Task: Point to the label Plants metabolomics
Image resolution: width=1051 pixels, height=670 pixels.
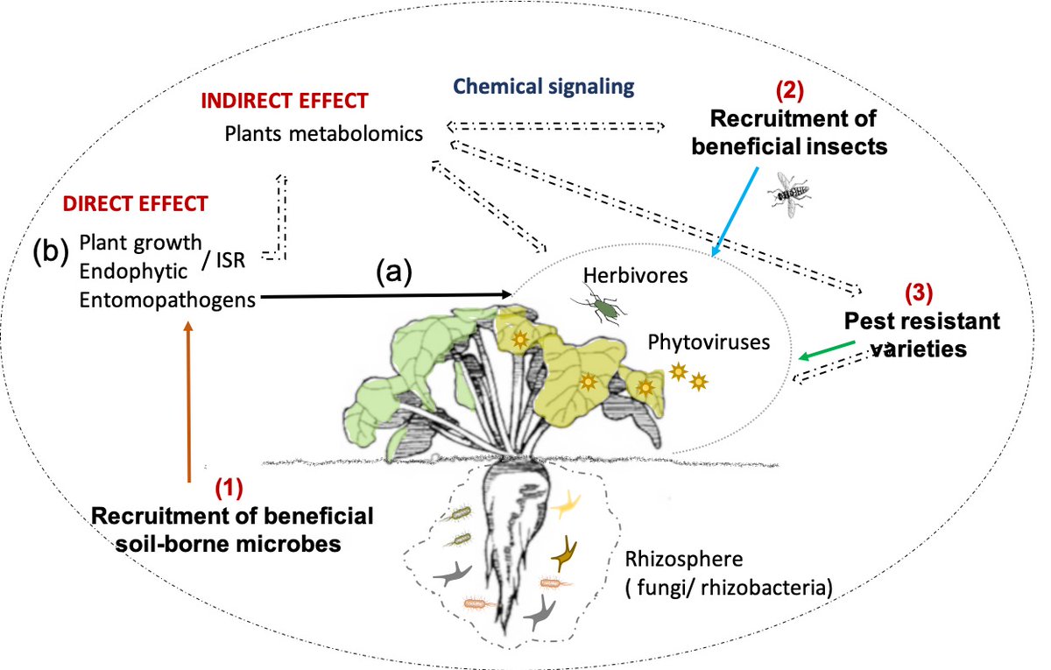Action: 323,134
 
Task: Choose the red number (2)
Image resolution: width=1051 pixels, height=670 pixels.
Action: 789,90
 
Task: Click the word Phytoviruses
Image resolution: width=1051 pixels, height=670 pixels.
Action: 709,342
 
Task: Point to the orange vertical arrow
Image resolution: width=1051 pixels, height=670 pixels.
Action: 187,403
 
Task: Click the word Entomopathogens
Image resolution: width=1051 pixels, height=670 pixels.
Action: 167,300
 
